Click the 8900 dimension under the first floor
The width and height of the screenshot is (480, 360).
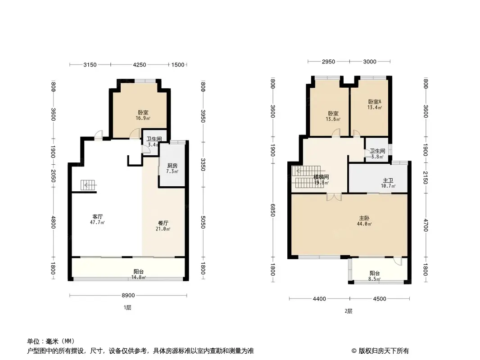coord(128,296)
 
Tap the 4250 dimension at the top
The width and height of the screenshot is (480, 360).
coord(139,64)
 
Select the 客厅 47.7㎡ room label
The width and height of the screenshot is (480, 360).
coord(97,220)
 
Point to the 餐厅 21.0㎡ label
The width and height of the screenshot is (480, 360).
coord(163,226)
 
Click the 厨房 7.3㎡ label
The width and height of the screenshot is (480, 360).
coord(172,169)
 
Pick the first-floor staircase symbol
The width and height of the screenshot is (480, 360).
coord(88,185)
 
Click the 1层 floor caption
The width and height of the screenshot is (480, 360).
coord(127,308)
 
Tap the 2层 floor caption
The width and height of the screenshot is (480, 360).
coord(349,311)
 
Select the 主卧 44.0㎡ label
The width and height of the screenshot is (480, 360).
coord(364,221)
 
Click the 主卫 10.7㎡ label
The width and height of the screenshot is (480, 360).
coord(388,183)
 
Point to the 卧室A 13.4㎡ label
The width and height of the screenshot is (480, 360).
coord(375,104)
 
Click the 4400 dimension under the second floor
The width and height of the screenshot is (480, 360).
coord(319,299)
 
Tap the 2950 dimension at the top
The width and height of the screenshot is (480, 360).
coord(328,62)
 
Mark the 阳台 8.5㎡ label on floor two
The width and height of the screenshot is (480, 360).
coord(374,276)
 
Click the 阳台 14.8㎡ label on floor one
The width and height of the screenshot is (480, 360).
coord(139,274)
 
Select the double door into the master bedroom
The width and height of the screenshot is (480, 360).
coord(334,197)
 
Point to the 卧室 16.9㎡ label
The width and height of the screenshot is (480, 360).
coord(143,115)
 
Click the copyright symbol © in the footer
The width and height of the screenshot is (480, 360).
coord(354,351)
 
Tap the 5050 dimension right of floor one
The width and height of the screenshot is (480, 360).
coord(203,222)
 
